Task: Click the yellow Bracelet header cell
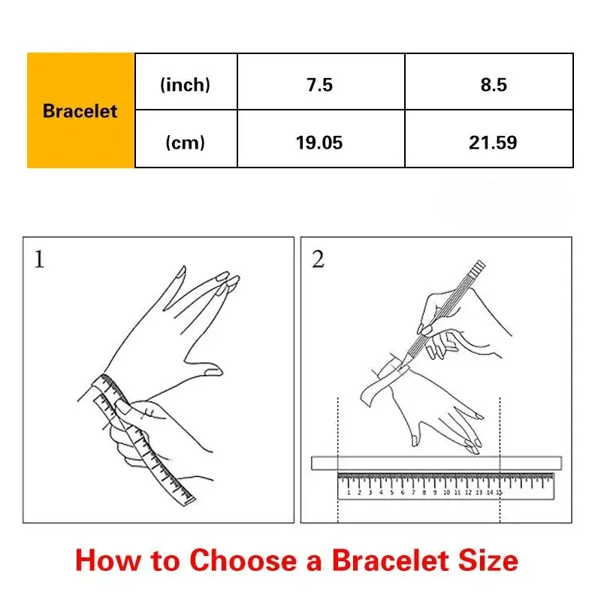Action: pos(80,110)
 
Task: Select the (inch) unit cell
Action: pos(186,84)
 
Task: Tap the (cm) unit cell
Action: pos(186,142)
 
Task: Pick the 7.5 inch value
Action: pos(320,85)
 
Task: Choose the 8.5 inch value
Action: pos(494,85)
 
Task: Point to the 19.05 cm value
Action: pos(319,143)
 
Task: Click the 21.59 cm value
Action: pos(493,143)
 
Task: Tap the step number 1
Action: pos(39,259)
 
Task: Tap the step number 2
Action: pos(318,259)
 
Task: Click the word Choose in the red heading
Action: pos(243,560)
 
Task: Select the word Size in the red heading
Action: pos(488,560)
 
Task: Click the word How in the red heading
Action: pos(108,560)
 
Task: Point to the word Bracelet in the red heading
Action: pos(390,560)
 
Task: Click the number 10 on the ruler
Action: pos(446,492)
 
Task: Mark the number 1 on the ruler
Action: pos(349,492)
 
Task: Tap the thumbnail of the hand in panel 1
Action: pos(213,371)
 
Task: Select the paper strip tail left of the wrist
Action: pos(373,391)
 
